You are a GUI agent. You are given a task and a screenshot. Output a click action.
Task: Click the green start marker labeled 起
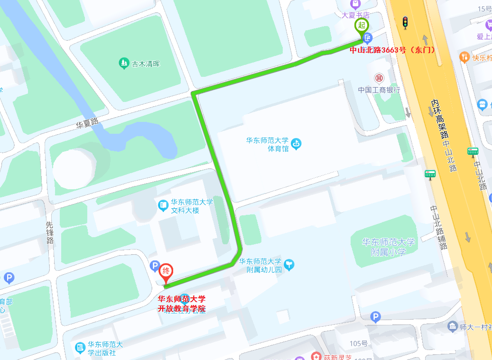[x=362, y=25]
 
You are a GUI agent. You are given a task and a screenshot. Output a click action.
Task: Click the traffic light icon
[x=405, y=22]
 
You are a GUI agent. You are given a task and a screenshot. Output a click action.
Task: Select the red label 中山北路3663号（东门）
[x=392, y=49]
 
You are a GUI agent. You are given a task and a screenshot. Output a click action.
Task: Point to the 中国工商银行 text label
[x=379, y=90]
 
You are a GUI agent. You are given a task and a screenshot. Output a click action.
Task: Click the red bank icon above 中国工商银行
[x=379, y=78]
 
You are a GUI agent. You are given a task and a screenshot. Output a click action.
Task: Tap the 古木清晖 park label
[x=146, y=63]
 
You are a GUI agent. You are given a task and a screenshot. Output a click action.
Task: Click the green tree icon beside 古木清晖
[x=123, y=63]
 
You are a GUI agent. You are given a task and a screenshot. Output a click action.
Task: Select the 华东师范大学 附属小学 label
[x=388, y=247]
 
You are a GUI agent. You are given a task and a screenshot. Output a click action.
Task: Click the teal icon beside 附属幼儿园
[x=289, y=264]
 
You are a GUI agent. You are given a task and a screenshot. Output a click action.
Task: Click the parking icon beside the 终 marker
[x=155, y=267]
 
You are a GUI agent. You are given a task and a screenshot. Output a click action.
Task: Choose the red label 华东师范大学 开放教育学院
[x=182, y=304]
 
